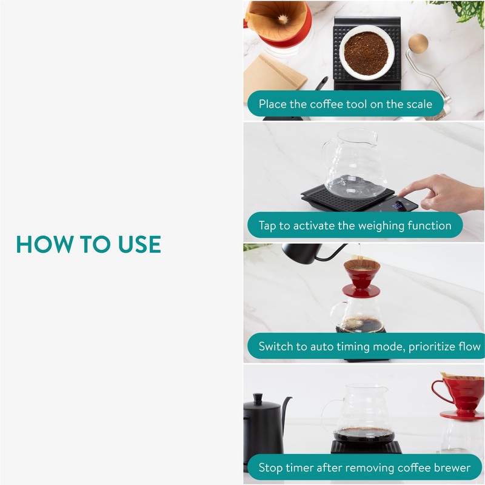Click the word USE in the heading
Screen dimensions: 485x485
(x=139, y=244)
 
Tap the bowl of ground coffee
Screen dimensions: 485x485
(x=367, y=52)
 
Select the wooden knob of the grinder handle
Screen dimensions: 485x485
(x=418, y=44)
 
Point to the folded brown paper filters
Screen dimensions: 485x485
(x=274, y=76)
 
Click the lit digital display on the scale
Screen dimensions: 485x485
(x=397, y=206)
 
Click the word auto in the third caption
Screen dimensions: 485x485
(x=322, y=347)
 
